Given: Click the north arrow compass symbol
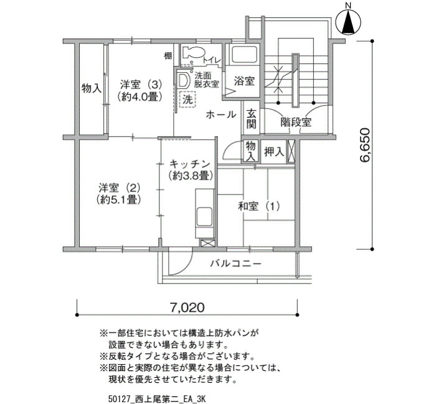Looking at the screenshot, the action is click(348, 22).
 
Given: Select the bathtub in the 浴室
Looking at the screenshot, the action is click(244, 55).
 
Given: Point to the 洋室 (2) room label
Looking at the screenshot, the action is click(120, 188).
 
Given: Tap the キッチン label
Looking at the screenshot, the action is click(190, 163).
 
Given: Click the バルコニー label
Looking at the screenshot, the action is click(236, 263).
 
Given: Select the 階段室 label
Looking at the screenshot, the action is click(296, 122).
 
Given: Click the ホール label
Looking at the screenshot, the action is click(221, 114).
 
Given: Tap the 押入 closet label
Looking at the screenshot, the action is click(274, 152).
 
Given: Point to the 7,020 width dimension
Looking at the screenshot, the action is click(187, 308).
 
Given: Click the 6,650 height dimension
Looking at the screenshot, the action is click(365, 145).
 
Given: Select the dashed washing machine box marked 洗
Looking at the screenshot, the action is click(188, 99).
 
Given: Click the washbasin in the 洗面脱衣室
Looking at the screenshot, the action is click(184, 80).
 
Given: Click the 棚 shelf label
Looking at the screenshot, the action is click(168, 56).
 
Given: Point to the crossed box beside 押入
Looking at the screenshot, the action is click(291, 151).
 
